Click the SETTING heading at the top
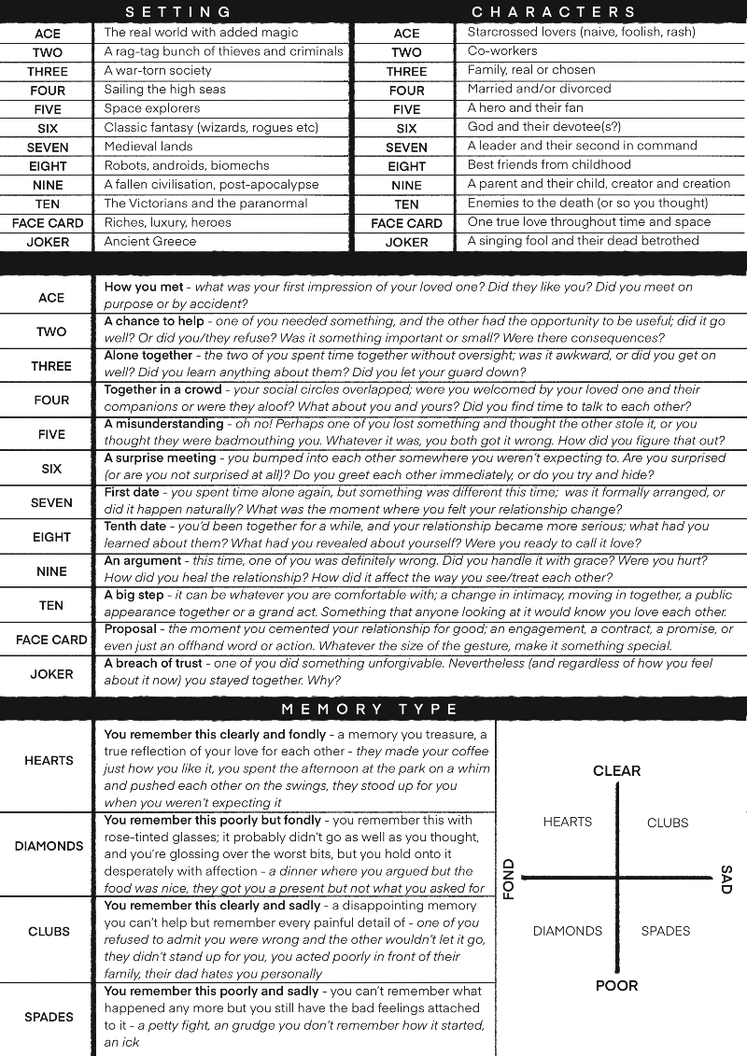click(178, 11)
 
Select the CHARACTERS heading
click(554, 11)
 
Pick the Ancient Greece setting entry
click(150, 241)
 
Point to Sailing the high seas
click(165, 89)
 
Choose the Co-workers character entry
click(502, 50)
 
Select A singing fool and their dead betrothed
click(583, 241)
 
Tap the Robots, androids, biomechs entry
click(174, 165)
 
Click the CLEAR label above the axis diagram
click(616, 771)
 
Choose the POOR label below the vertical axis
click(616, 985)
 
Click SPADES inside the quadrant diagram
click(666, 931)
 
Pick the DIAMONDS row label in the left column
click(49, 846)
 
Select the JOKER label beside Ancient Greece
click(48, 242)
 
